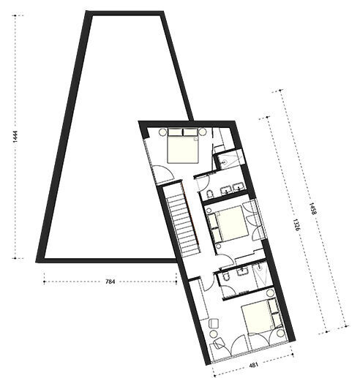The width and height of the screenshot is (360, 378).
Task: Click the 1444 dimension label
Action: (x=15, y=137)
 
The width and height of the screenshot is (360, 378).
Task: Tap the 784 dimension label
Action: (x=110, y=281)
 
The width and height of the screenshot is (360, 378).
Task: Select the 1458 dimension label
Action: (x=312, y=208)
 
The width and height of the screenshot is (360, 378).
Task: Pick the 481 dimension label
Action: (x=253, y=365)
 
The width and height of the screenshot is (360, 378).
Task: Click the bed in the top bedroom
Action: (x=183, y=145)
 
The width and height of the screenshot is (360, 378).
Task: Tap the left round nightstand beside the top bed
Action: (x=162, y=132)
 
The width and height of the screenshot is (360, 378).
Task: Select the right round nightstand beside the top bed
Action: (x=203, y=132)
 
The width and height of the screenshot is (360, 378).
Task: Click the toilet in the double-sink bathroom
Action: (x=210, y=194)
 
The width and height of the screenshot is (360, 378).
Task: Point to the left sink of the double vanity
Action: (x=225, y=189)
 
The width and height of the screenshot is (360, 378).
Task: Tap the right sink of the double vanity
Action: (x=239, y=187)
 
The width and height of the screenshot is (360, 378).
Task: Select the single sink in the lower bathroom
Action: (x=243, y=271)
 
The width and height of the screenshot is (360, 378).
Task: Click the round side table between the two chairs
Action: (x=214, y=333)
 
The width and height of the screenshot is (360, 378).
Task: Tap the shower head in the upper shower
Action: (x=225, y=161)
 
